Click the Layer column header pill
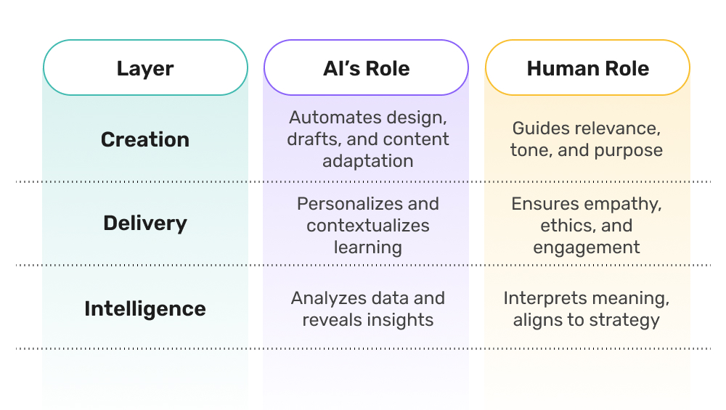[145, 68]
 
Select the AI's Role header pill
[366, 68]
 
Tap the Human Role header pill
[587, 68]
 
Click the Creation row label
[145, 139]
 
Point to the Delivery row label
[145, 223]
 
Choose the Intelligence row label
[145, 308]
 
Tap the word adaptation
[367, 161]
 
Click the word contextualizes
[367, 226]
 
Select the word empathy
[623, 204]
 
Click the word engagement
[587, 247]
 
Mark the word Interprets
[546, 298]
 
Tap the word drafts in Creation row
[312, 139]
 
